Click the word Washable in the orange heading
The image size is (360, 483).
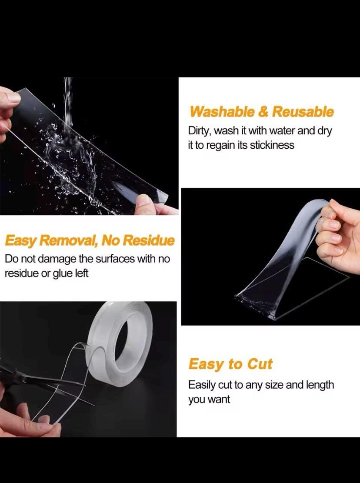click(222, 111)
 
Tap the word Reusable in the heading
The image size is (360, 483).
click(303, 111)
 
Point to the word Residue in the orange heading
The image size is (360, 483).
click(149, 240)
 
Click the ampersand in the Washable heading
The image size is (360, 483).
click(263, 111)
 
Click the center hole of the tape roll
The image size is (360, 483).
click(127, 337)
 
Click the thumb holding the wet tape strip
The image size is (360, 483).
click(144, 203)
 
